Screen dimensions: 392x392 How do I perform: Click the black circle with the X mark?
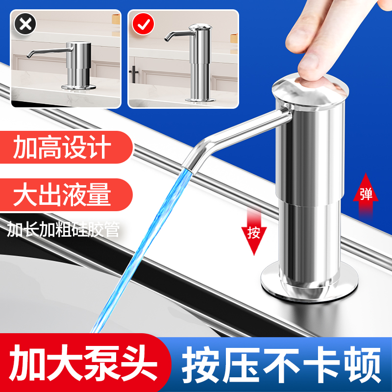23,23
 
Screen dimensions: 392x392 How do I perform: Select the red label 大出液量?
62,195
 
